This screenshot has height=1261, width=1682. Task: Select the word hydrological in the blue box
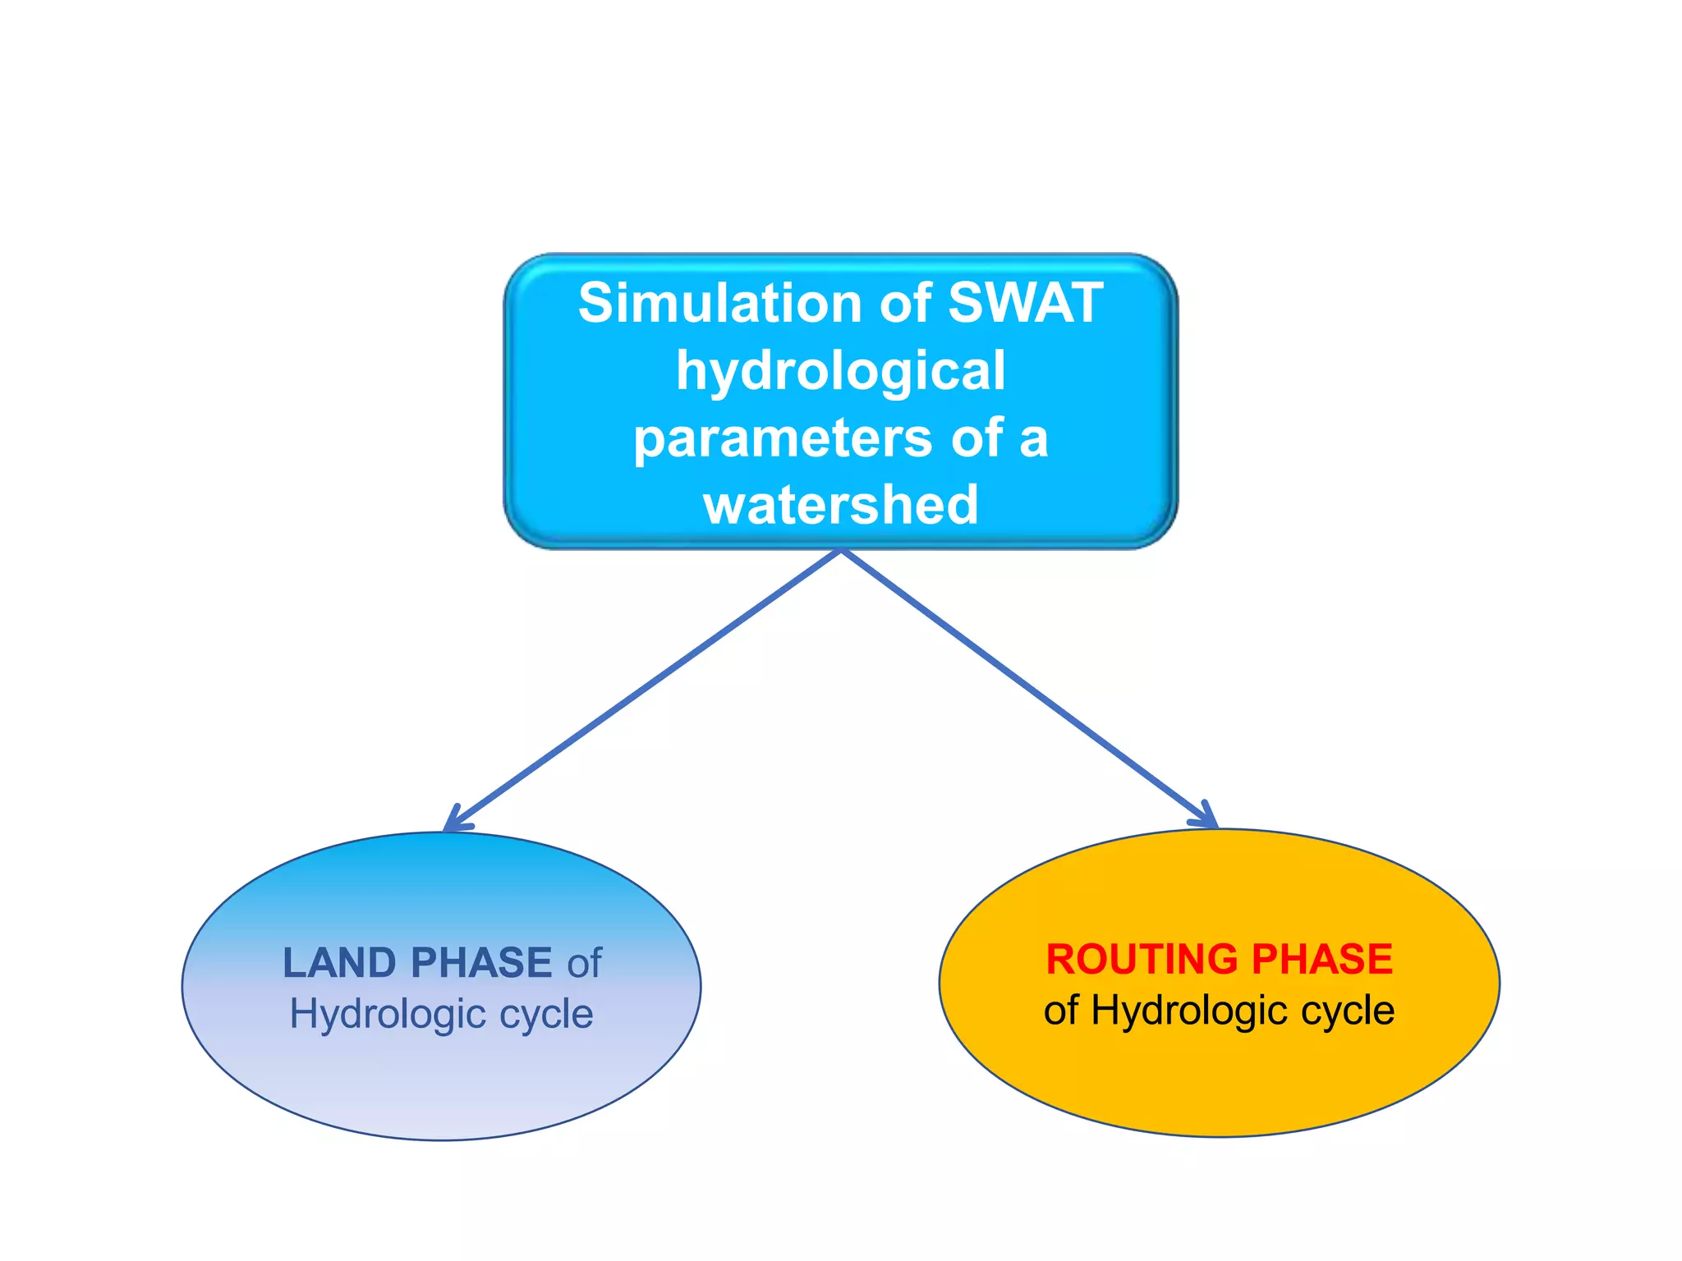tap(840, 371)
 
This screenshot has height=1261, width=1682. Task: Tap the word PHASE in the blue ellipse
tap(481, 962)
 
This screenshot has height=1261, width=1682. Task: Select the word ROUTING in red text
tap(1141, 959)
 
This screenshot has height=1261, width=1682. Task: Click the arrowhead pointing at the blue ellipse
tap(453, 822)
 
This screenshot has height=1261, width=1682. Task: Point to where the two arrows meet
tap(841, 551)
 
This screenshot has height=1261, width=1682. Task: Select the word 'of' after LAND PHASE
tap(584, 962)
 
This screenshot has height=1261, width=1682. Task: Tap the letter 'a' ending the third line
tap(1033, 438)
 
